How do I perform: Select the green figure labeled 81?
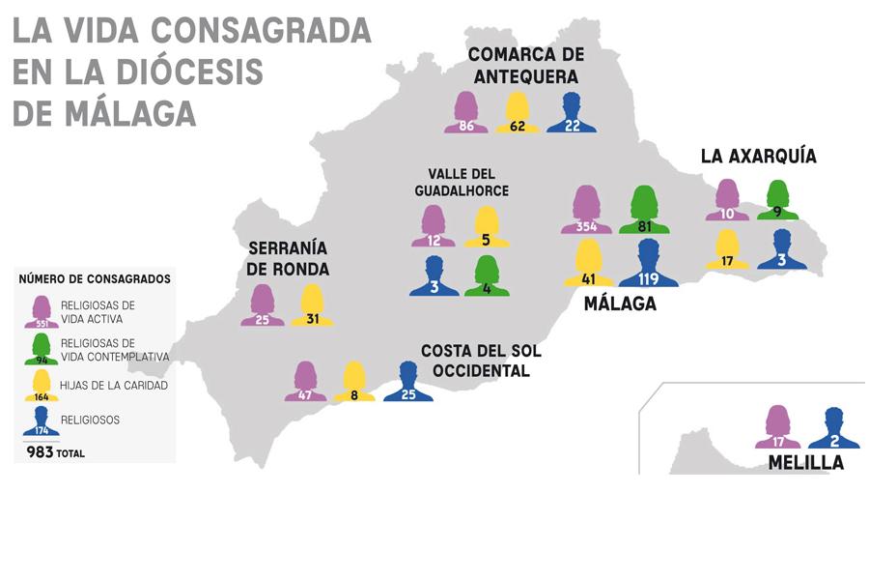650,210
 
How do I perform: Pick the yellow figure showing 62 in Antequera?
518,113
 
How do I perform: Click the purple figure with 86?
466,113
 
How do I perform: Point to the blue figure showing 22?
571,113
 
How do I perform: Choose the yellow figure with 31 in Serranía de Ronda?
312,305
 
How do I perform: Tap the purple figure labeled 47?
306,382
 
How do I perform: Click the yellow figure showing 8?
354,382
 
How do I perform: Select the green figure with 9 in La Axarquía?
777,200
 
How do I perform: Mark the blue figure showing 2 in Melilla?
833,428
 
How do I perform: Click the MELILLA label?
805,463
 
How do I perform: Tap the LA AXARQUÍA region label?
758,157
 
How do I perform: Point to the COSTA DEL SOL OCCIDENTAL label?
481,361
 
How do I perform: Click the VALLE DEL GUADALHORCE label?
462,183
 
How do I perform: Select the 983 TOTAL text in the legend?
55,451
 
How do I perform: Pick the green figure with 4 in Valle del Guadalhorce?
486,276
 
